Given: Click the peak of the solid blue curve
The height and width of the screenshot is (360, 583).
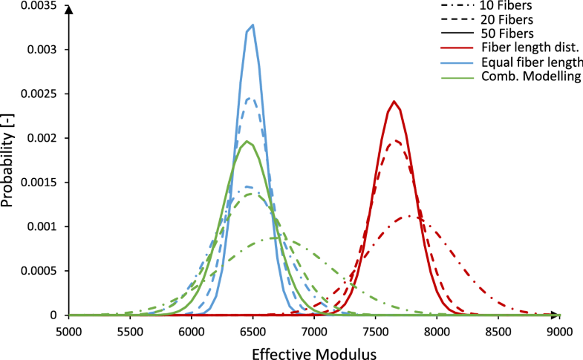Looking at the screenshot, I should [253, 25].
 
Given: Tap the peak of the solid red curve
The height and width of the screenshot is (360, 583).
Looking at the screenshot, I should [394, 102].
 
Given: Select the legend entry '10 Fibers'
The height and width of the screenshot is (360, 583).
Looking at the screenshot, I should [487, 5].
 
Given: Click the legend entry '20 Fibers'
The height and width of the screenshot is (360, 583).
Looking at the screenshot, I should [487, 19].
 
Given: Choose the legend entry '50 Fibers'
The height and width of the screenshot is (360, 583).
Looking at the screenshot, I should [487, 33].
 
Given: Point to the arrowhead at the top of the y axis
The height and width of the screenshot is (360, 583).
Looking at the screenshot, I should [68, 10].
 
